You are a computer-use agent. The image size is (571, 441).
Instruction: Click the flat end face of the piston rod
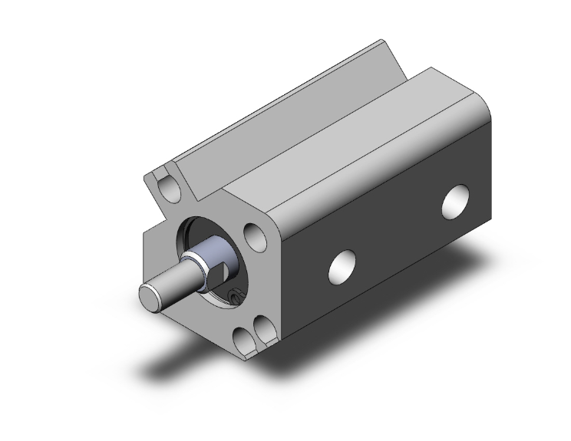click(x=150, y=296)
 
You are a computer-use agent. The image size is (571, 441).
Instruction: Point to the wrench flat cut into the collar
click(x=219, y=273)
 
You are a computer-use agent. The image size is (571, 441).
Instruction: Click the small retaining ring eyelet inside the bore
click(x=236, y=295)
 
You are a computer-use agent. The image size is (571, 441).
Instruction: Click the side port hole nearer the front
click(x=341, y=265)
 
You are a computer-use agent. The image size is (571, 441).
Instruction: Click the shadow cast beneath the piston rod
click(x=177, y=360)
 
